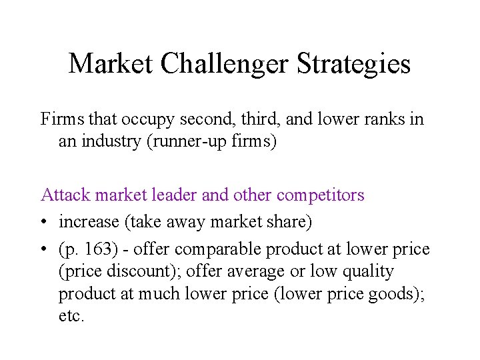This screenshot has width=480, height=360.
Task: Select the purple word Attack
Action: point(66,195)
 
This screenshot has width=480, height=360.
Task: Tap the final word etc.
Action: point(71,316)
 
